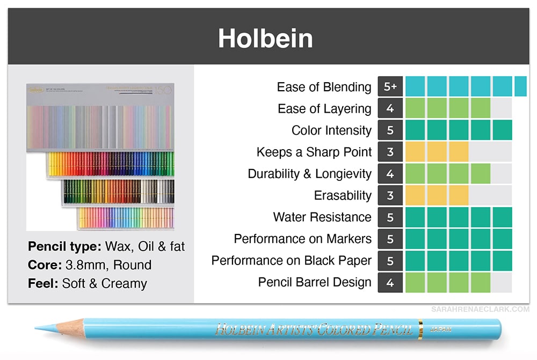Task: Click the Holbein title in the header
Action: pyautogui.click(x=265, y=39)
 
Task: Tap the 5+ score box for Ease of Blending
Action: pyautogui.click(x=390, y=87)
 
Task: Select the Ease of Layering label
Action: pyautogui.click(x=324, y=109)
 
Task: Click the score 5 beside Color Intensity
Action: pyautogui.click(x=390, y=130)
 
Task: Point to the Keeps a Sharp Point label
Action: pyautogui.click(x=314, y=152)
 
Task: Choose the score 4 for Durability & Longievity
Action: pyautogui.click(x=390, y=174)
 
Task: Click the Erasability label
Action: pyautogui.click(x=343, y=196)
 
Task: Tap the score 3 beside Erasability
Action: pyautogui.click(x=390, y=196)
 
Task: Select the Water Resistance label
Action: pyautogui.click(x=322, y=217)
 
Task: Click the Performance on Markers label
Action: pyautogui.click(x=302, y=239)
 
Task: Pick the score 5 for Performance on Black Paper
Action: pyautogui.click(x=390, y=261)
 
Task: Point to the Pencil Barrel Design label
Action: pyautogui.click(x=315, y=282)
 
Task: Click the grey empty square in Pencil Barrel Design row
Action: pyautogui.click(x=502, y=282)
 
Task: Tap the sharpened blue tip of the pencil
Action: pyautogui.click(x=41, y=328)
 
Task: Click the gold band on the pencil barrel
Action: pyautogui.click(x=420, y=328)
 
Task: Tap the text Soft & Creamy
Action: pyautogui.click(x=104, y=283)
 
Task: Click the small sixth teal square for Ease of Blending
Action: pyautogui.click(x=520, y=87)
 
